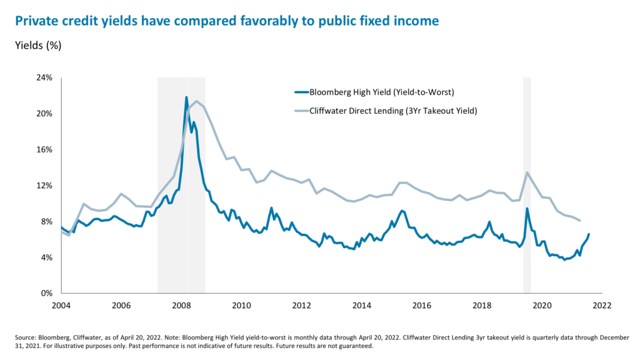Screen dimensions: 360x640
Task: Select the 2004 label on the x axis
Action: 61,306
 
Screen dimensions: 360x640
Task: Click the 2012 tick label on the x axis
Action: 302,306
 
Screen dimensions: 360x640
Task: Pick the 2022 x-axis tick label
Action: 601,306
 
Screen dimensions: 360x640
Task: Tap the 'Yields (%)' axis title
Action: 39,45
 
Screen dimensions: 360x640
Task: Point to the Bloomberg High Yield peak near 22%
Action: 186,97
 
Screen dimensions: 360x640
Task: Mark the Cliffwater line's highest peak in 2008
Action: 197,101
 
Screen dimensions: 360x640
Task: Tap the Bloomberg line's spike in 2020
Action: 527,209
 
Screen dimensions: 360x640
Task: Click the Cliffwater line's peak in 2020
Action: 527,172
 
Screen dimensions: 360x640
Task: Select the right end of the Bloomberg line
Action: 589,234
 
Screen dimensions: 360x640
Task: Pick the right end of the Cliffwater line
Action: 581,220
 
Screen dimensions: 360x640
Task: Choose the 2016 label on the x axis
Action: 422,306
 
